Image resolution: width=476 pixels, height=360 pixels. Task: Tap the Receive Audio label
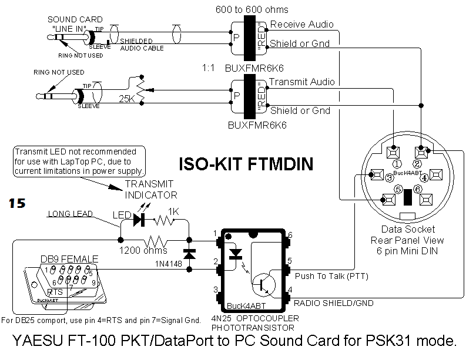pos(302,25)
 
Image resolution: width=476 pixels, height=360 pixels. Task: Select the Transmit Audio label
pos(302,82)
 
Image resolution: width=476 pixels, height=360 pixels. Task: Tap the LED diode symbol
pos(139,220)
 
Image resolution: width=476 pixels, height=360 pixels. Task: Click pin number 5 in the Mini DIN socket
pos(398,189)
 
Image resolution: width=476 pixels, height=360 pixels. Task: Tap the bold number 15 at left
pos(17,203)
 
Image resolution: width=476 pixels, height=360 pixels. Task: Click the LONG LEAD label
pos(71,214)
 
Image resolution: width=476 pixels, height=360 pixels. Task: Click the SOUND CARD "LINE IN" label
pos(75,24)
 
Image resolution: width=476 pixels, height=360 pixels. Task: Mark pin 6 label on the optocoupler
pos(290,235)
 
